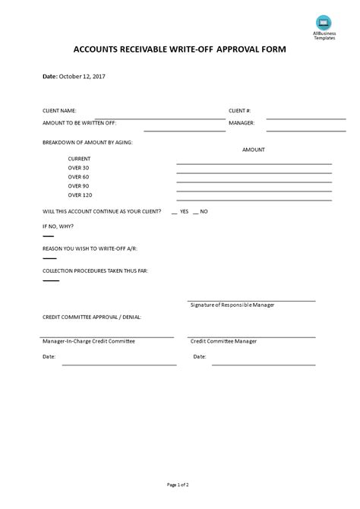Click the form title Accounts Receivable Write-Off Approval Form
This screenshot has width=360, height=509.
[179, 51]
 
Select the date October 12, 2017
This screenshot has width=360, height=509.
[84, 77]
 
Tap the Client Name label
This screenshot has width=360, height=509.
[59, 110]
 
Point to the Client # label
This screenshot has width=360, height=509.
[239, 110]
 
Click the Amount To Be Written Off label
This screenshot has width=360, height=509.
[80, 122]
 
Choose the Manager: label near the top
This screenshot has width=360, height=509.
[242, 122]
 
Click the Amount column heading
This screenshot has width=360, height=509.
[254, 150]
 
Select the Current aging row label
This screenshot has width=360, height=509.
[80, 158]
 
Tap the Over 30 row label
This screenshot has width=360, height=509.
[79, 167]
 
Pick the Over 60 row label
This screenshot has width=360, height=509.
[79, 176]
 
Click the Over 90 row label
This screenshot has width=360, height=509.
[79, 185]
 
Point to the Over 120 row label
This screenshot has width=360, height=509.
[80, 194]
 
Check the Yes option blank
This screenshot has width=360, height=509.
[175, 212]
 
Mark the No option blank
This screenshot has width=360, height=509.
[196, 212]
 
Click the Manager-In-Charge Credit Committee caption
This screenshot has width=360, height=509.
[89, 341]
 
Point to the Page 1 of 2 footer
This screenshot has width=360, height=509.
[179, 484]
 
